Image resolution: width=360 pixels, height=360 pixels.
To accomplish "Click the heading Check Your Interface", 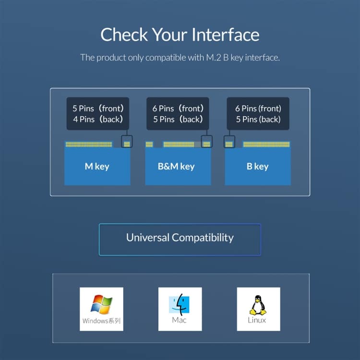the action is (x=180, y=35).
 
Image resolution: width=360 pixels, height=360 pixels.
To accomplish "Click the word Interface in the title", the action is (x=226, y=35).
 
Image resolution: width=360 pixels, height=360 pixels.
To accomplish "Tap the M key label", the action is (x=97, y=166).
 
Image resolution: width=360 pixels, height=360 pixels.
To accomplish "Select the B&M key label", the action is (x=176, y=166).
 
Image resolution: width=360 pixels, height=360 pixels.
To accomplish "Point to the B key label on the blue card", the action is (x=257, y=166).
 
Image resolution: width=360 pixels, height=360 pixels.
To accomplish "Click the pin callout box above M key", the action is (x=98, y=114).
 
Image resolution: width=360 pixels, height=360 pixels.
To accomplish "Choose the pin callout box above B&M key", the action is (x=178, y=114).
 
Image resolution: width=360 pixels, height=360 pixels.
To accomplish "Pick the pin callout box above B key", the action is (x=258, y=114).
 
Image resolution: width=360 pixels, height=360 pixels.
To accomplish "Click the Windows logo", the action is (x=101, y=304).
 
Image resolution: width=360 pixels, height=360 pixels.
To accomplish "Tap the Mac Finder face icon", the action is (x=179, y=304).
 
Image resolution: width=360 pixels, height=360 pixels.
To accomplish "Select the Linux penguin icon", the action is (x=258, y=305).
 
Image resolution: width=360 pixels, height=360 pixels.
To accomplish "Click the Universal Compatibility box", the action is (x=180, y=240).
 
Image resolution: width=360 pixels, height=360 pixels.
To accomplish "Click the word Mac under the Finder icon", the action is (x=179, y=320).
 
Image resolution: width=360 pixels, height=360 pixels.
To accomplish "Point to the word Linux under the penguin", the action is (x=257, y=320).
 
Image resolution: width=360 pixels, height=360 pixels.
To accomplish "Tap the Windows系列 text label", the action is (x=101, y=321).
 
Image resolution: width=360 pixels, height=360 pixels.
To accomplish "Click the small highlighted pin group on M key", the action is (x=127, y=144).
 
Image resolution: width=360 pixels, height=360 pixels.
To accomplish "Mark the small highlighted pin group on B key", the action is (x=229, y=144).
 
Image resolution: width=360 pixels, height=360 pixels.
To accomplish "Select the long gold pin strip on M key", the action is (x=89, y=144).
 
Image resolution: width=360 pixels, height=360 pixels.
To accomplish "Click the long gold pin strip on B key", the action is (x=266, y=144).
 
